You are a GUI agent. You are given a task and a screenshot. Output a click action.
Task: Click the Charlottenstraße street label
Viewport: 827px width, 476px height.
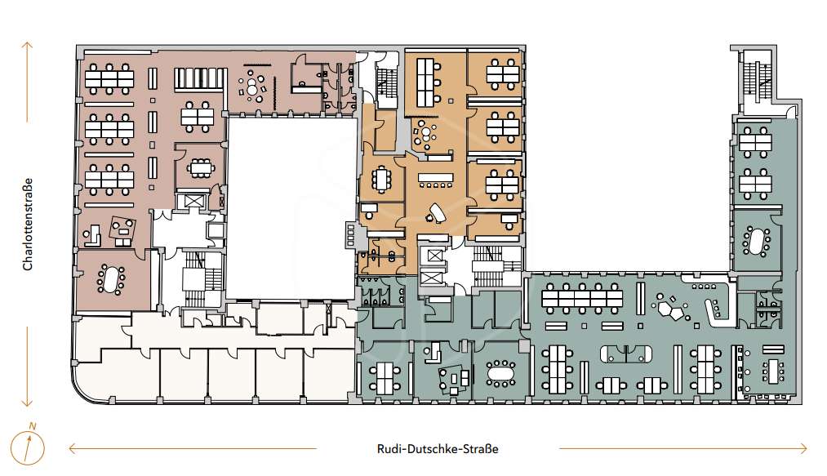[x=28, y=225]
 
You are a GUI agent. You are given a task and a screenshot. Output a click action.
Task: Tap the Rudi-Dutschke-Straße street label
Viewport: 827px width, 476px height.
[x=438, y=449]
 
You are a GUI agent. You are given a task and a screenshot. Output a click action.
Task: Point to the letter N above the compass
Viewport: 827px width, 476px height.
[x=33, y=426]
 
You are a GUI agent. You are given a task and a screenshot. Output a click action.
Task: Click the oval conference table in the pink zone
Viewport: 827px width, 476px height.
[x=111, y=279]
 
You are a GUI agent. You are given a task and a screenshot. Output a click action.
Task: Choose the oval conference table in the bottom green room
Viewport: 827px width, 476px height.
[x=500, y=373]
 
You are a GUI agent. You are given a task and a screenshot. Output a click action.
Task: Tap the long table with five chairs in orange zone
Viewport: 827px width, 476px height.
[x=436, y=177]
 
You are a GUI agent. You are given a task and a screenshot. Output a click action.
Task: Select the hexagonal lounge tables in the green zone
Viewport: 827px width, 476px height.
[x=670, y=308]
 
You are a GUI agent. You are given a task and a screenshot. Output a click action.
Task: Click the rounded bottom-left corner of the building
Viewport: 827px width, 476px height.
[x=83, y=393]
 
